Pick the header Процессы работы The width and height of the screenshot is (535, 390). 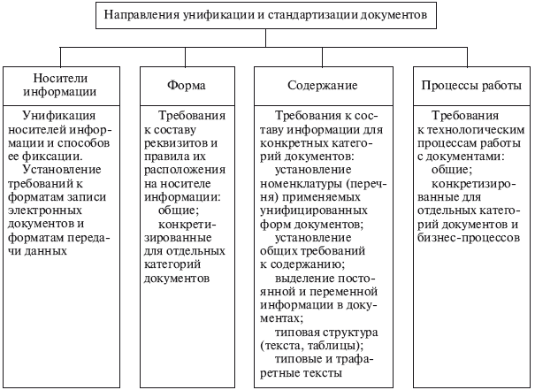click(468, 87)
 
